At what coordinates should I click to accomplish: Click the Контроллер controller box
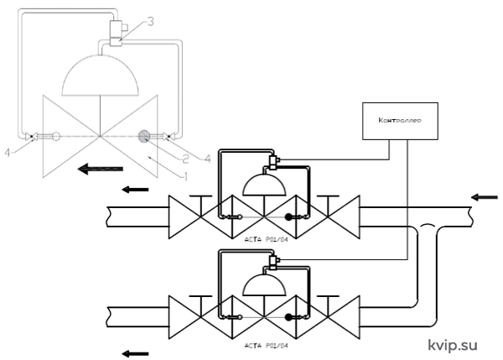[x=400, y=121]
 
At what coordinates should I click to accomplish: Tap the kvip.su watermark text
[x=453, y=346]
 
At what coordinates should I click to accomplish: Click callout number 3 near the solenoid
[x=150, y=22]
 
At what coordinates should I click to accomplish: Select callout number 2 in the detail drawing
[x=185, y=159]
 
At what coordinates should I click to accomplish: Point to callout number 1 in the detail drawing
[x=184, y=175]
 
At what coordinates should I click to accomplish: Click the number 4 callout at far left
[x=8, y=153]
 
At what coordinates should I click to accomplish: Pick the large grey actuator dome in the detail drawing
[x=100, y=76]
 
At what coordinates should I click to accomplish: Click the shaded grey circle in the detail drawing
[x=143, y=137]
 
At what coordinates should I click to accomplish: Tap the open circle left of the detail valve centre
[x=56, y=137]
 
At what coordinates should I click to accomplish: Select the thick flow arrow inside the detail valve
[x=101, y=169]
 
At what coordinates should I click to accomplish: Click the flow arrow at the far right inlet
[x=484, y=197]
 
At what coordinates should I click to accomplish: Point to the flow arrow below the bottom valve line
[x=135, y=353]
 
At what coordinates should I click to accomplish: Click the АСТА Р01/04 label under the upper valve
[x=266, y=239]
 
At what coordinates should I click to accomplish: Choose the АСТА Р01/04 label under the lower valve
[x=266, y=346]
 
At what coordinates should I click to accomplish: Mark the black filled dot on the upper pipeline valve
[x=288, y=217]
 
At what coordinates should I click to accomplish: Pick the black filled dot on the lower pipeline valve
[x=288, y=317]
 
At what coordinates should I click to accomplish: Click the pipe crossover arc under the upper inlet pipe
[x=428, y=225]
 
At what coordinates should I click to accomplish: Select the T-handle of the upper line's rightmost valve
[x=328, y=196]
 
